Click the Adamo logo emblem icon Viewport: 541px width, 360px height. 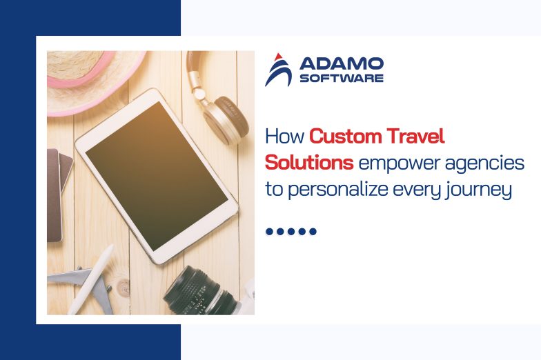coord(278,70)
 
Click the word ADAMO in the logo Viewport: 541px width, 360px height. coord(341,64)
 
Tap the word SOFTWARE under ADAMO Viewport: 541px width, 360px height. coord(341,79)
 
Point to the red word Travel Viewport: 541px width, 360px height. coord(415,137)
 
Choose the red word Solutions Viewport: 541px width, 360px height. coord(310,163)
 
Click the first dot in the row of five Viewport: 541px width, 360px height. coord(270,232)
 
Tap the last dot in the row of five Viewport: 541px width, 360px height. coord(313,232)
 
